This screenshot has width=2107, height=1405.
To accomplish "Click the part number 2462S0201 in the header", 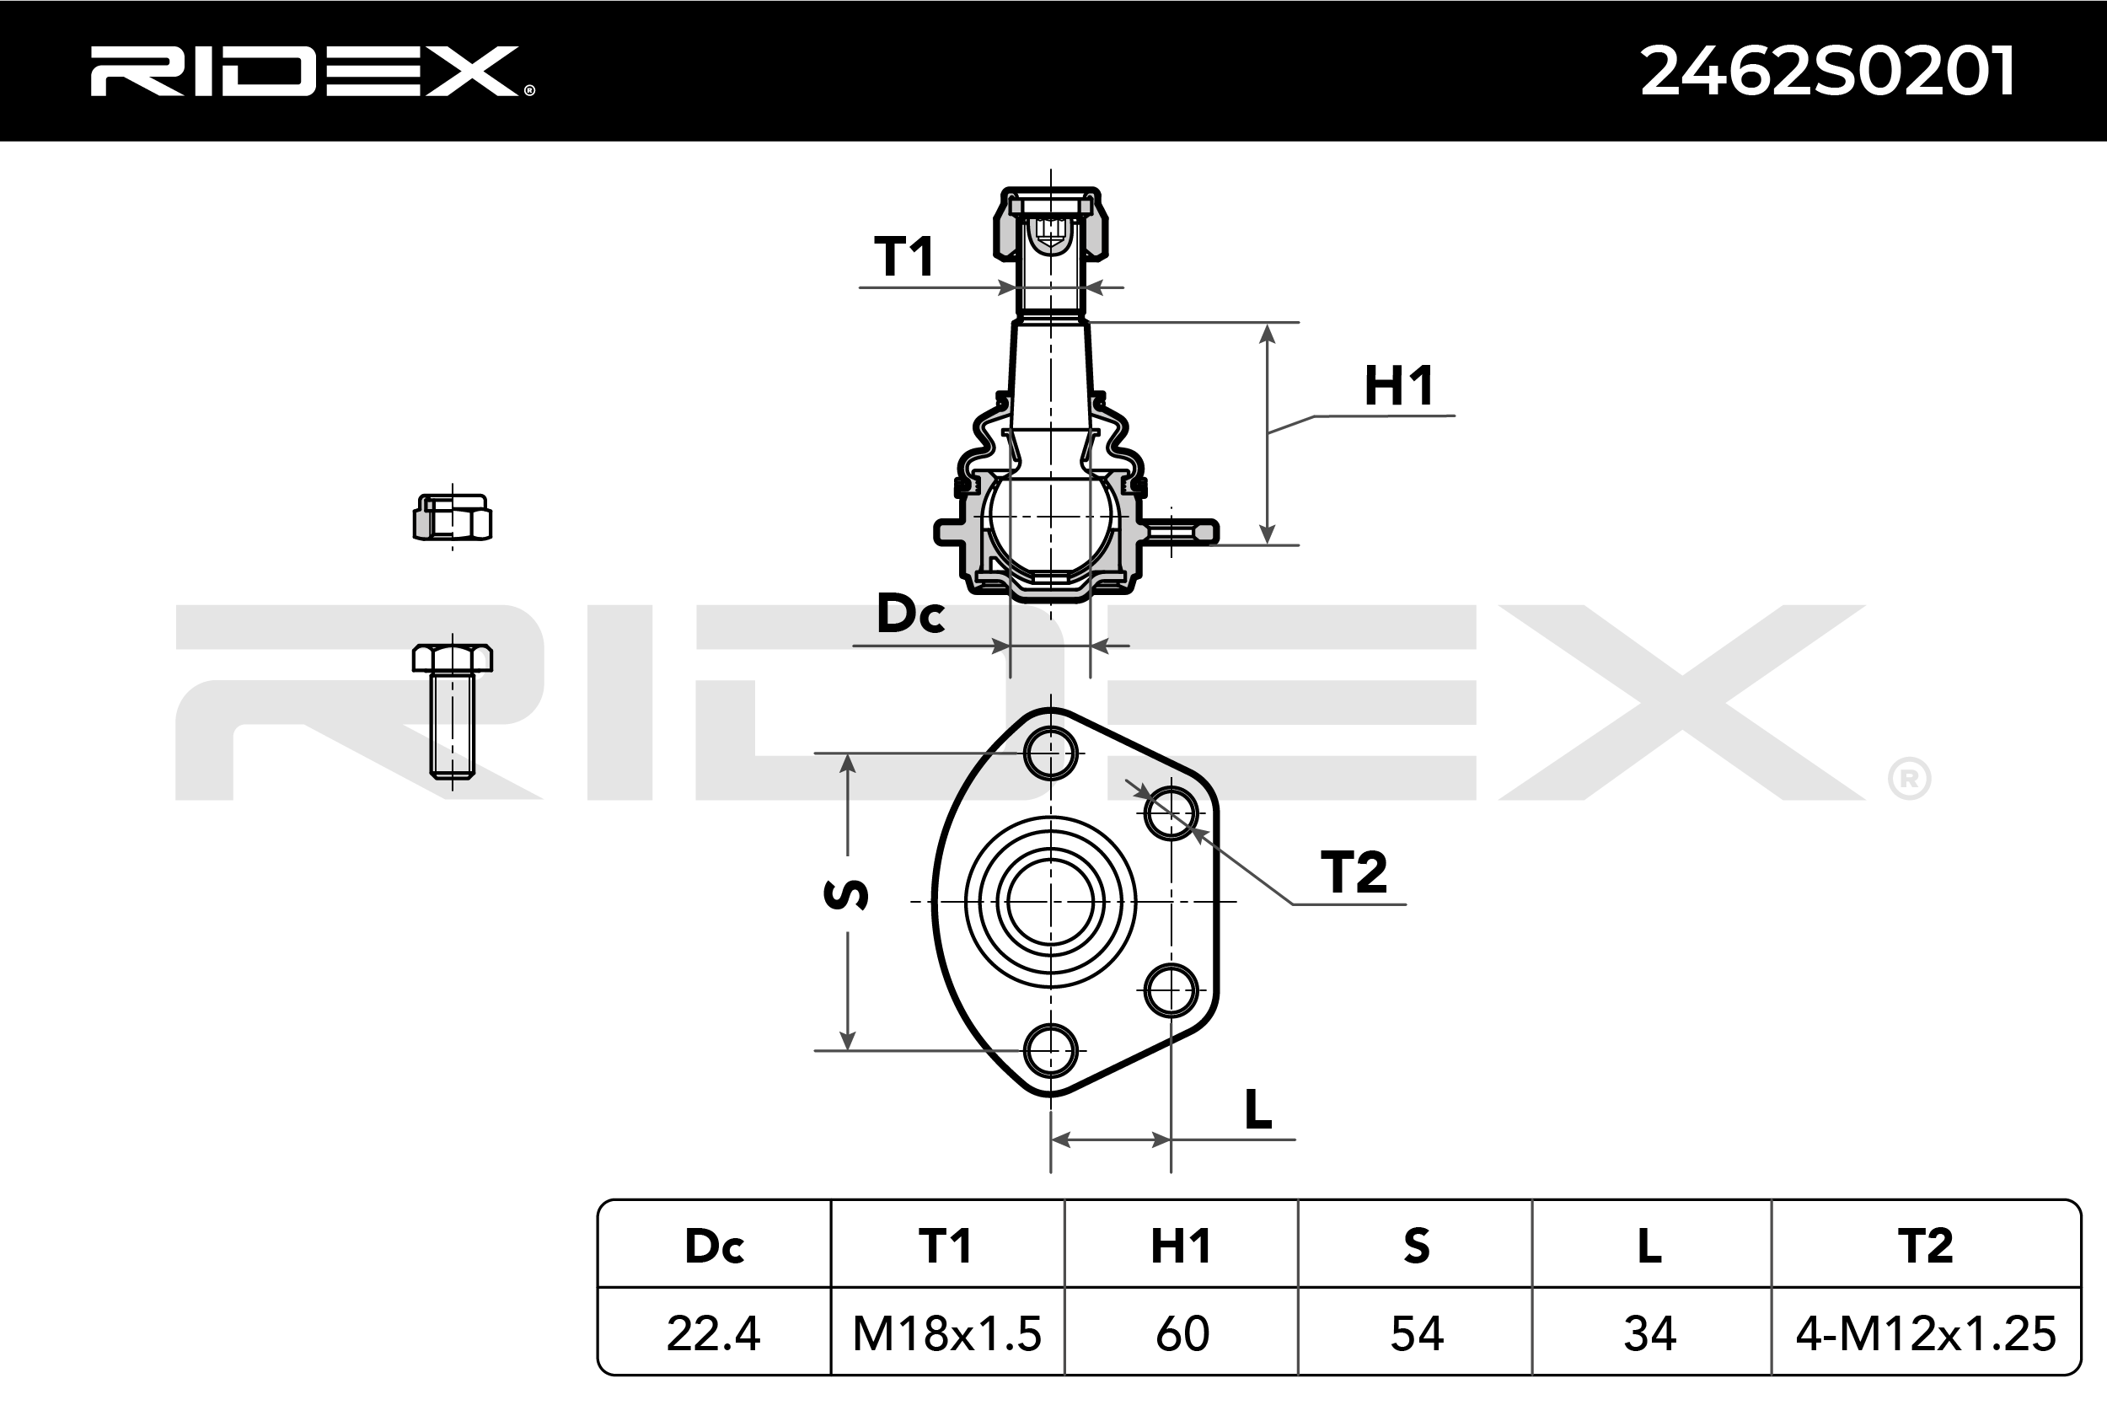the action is (x=1827, y=72).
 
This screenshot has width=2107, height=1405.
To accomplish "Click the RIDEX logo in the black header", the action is (x=312, y=71).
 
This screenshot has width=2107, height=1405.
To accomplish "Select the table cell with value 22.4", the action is (x=714, y=1333).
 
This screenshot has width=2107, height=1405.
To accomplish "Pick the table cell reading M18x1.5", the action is (x=947, y=1333).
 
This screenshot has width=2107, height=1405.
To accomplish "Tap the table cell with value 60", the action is (x=1182, y=1333).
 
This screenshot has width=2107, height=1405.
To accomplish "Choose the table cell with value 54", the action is (x=1416, y=1333).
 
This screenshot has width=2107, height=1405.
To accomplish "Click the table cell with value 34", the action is (x=1650, y=1333).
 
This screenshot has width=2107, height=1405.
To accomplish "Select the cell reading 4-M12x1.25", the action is (x=1926, y=1333).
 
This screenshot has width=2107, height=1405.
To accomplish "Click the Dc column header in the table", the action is (x=714, y=1246).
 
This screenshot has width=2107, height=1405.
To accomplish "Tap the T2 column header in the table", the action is (x=1926, y=1246).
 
